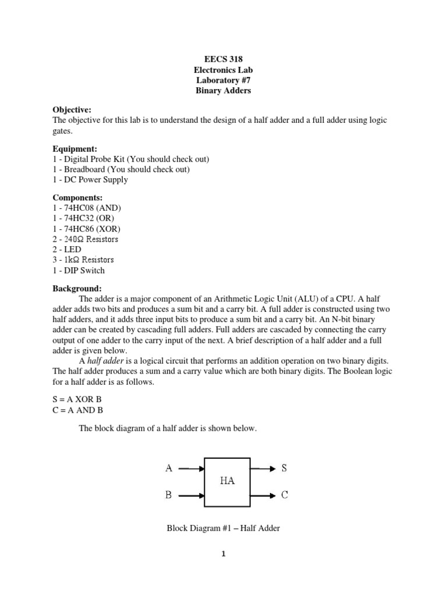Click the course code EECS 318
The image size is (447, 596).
223,59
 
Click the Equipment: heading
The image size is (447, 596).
75,148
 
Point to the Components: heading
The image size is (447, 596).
77,198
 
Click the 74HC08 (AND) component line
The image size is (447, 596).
87,208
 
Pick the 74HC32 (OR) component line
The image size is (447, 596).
85,219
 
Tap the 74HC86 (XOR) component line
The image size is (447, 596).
87,229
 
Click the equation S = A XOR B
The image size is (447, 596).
77,400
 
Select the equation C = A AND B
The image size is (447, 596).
78,410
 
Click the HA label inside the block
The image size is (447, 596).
228,481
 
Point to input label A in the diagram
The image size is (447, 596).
169,467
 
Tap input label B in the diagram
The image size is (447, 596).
169,495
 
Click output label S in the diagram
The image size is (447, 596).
284,467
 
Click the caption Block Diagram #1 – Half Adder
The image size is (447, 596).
223,528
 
